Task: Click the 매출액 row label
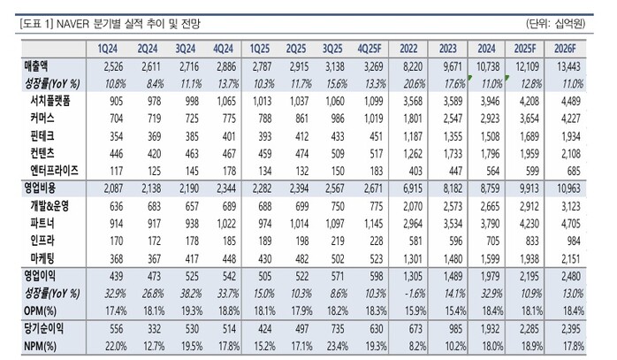point(36,66)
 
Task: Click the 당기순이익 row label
point(43,326)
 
